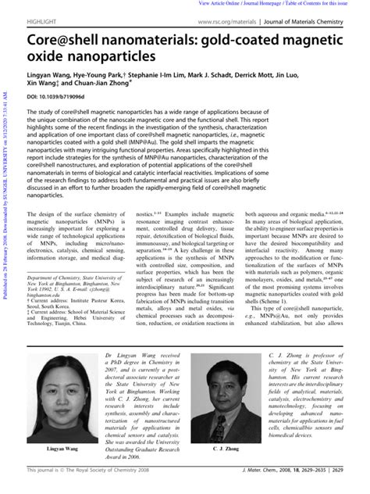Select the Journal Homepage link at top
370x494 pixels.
[x=269, y=4]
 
